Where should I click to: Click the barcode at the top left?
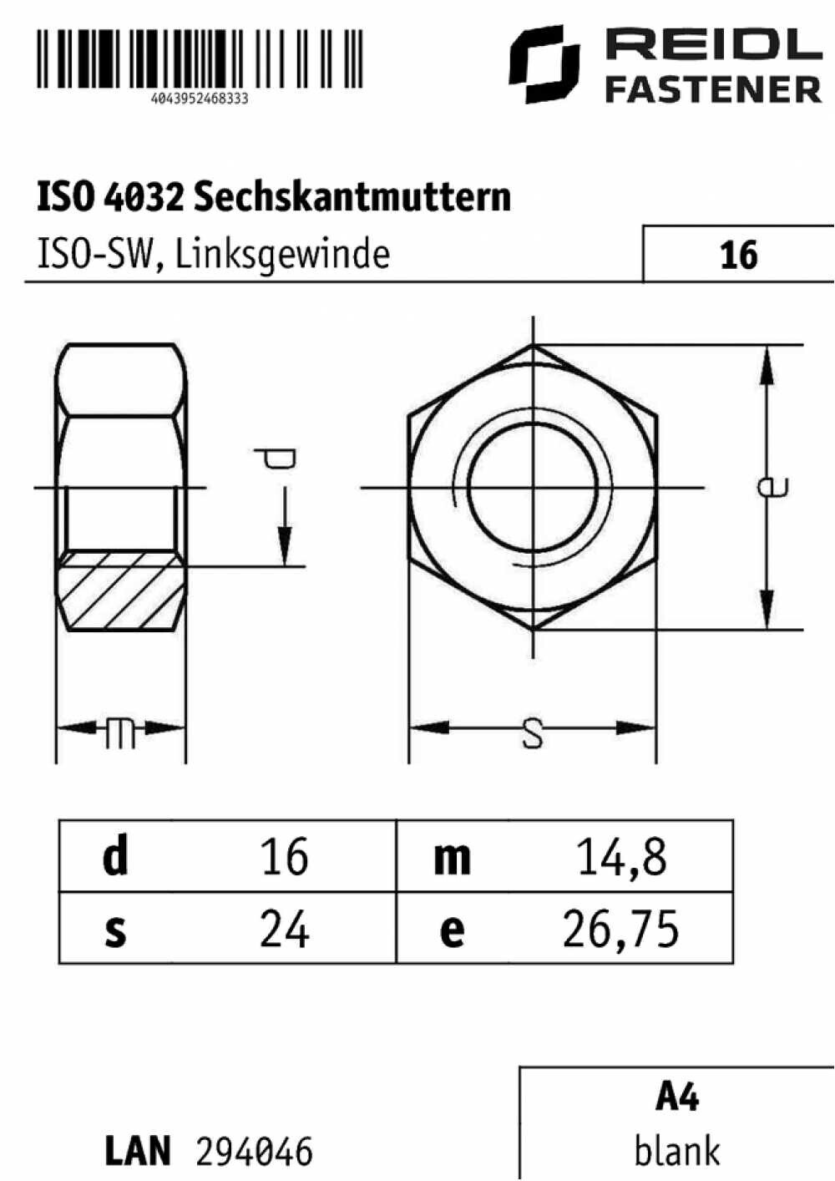pyautogui.click(x=200, y=58)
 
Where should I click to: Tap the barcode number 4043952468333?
pyautogui.click(x=200, y=99)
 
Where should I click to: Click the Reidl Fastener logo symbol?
pyautogui.click(x=544, y=63)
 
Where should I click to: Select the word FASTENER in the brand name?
pyautogui.click(x=714, y=89)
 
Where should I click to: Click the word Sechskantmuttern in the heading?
pyautogui.click(x=352, y=196)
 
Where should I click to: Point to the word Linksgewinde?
pyautogui.click(x=282, y=256)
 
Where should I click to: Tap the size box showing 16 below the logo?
pyautogui.click(x=738, y=254)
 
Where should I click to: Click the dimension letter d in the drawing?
pyautogui.click(x=276, y=459)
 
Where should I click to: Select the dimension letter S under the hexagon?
pyautogui.click(x=533, y=733)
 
